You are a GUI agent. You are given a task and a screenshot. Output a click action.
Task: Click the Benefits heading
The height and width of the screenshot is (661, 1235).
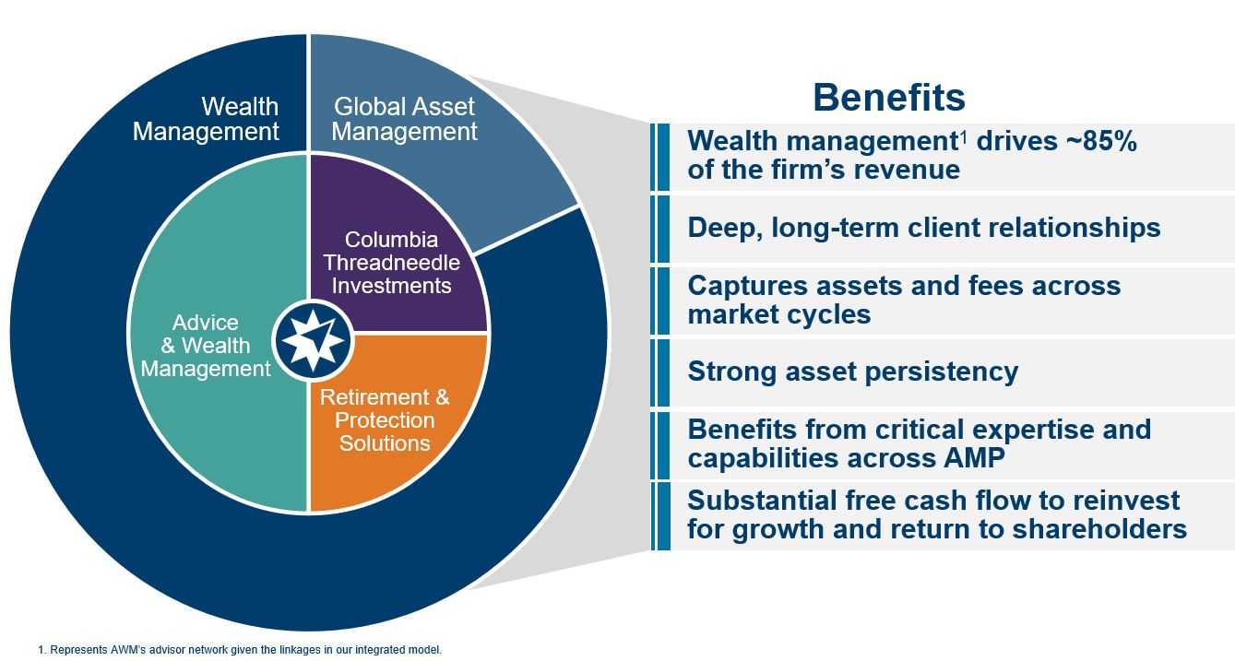(889, 97)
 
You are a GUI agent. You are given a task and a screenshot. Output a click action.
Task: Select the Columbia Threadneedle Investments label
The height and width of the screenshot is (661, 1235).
(392, 263)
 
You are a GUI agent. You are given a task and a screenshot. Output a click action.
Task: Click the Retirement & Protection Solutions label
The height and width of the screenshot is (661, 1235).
(385, 420)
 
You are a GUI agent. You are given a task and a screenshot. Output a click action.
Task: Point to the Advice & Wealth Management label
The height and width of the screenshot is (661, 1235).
(206, 346)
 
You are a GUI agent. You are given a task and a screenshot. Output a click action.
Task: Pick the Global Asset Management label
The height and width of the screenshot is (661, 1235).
(405, 119)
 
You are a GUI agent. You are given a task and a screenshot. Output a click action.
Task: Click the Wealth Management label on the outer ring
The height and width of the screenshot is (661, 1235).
(206, 119)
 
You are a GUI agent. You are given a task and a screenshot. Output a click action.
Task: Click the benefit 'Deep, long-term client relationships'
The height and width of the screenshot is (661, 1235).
(923, 227)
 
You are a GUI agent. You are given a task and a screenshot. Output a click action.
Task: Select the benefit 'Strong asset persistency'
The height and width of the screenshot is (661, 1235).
(853, 372)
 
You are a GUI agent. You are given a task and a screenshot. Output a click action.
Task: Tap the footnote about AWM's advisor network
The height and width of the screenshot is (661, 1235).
(246, 650)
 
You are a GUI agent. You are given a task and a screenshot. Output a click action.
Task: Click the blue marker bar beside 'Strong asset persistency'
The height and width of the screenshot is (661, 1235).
(661, 372)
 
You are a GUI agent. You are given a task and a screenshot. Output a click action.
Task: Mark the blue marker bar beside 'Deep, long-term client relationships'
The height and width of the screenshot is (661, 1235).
(661, 228)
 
